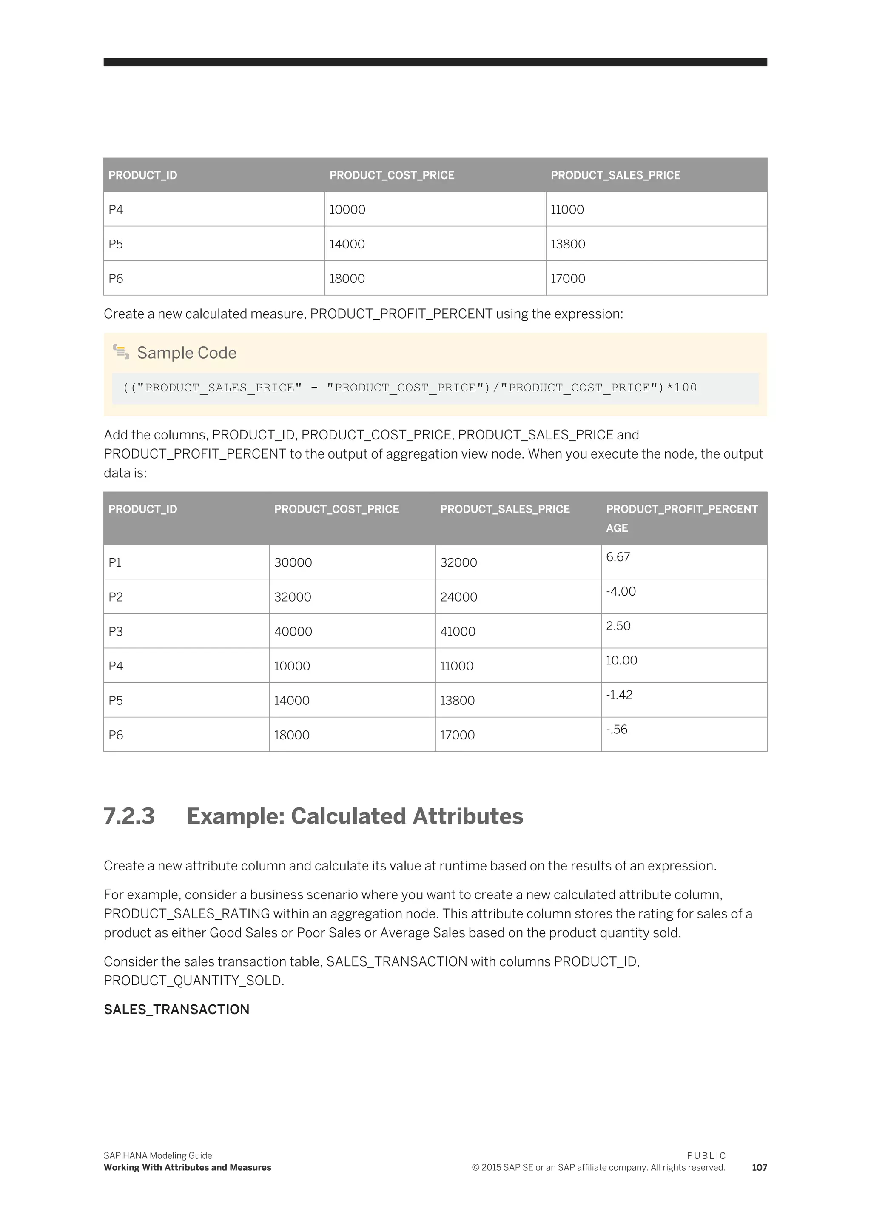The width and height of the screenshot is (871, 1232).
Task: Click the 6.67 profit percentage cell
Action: tap(618, 557)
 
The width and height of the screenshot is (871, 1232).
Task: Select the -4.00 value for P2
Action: tap(621, 591)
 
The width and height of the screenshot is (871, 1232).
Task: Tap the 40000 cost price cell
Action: tap(293, 632)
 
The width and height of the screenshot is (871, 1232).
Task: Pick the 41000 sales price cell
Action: tap(458, 632)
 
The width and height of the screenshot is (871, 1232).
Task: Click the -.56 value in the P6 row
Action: tap(616, 729)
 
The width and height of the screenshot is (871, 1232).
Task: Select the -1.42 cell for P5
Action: tap(619, 695)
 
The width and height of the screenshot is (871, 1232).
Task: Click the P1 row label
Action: tap(115, 562)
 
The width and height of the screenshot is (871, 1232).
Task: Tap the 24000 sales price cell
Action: tap(458, 597)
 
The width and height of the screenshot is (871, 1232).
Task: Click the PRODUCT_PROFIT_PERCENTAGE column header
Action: tap(682, 518)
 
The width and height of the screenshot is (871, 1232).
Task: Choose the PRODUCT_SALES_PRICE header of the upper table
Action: tap(615, 175)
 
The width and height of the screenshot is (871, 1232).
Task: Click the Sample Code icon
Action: tap(121, 352)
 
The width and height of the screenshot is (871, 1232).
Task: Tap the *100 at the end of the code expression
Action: tap(682, 388)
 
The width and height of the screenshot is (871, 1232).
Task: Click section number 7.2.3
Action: tap(129, 816)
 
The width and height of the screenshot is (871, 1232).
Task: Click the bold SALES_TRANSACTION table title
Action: tap(176, 1010)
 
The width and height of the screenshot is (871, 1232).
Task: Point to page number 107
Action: tap(759, 1168)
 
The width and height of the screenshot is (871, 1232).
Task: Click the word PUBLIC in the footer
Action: tap(706, 1156)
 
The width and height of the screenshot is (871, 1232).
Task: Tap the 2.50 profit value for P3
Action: tap(618, 626)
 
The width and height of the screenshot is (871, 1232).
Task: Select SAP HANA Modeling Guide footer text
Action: tap(158, 1156)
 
